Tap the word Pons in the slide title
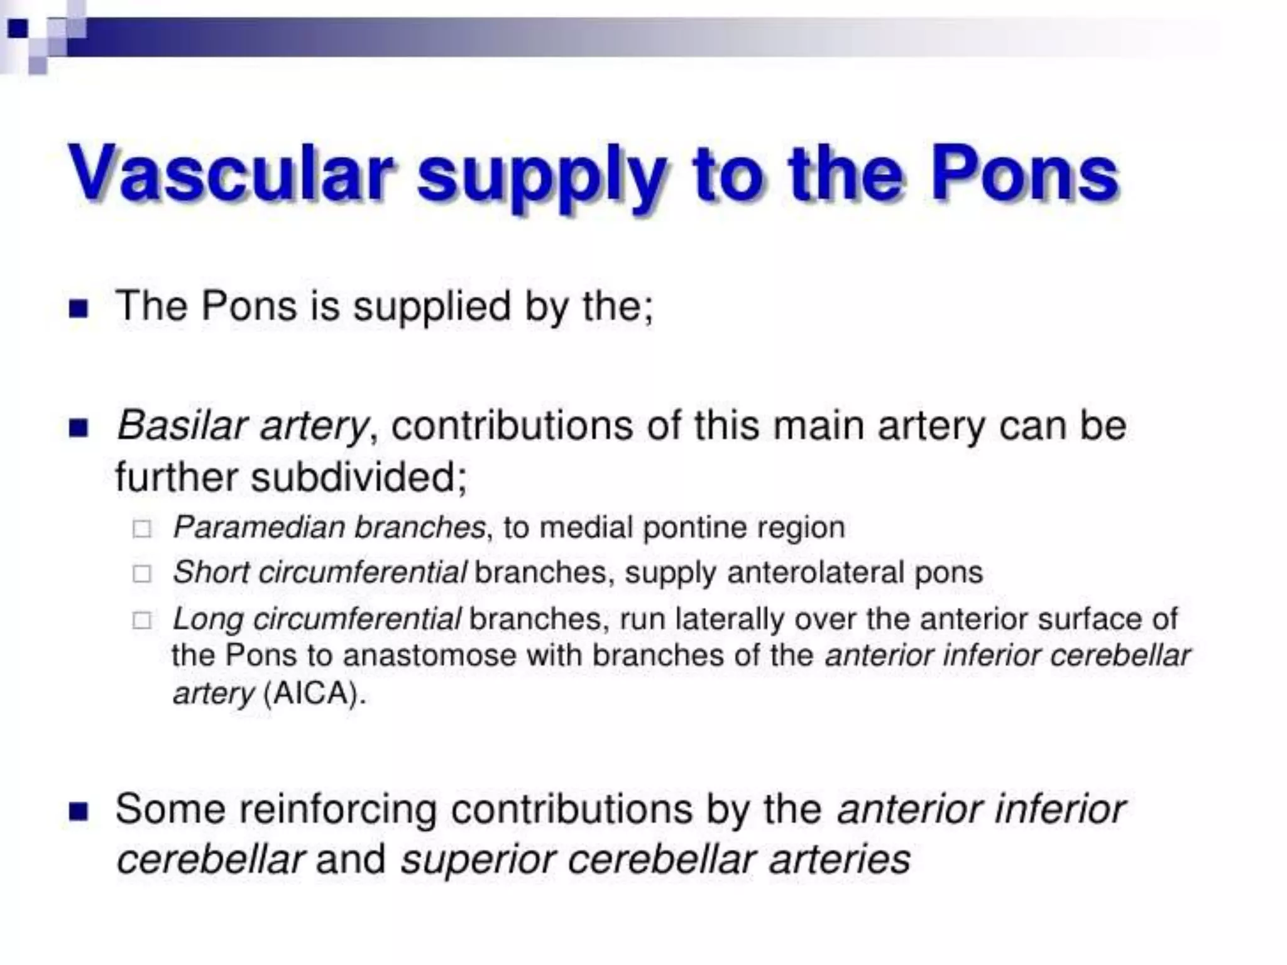tap(1024, 173)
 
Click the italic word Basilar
tap(179, 425)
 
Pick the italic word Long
tap(208, 619)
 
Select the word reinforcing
tap(336, 809)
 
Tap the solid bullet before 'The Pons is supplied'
tap(79, 308)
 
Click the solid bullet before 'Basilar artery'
tap(79, 428)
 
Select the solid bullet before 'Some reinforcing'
tap(79, 811)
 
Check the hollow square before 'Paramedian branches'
tap(142, 529)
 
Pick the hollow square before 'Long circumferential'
tap(142, 621)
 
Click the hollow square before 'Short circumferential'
tap(142, 574)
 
